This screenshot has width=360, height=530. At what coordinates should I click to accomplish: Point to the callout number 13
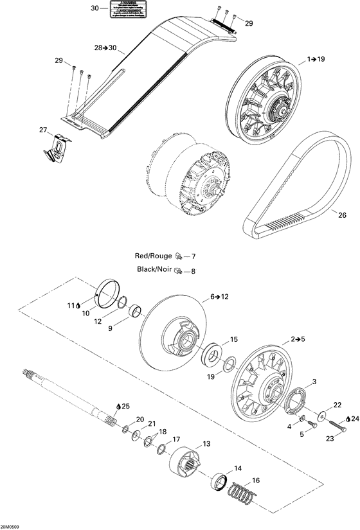coord(206,444)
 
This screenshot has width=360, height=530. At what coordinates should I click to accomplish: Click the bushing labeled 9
coord(136,314)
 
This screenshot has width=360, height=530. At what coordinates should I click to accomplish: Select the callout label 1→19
coord(316,59)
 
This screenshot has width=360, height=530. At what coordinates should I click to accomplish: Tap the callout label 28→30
coord(105,48)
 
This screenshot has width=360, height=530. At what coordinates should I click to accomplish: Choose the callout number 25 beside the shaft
coord(126,405)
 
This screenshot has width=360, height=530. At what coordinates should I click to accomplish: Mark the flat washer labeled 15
coord(211,355)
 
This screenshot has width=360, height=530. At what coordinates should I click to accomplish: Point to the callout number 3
coord(314,382)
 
